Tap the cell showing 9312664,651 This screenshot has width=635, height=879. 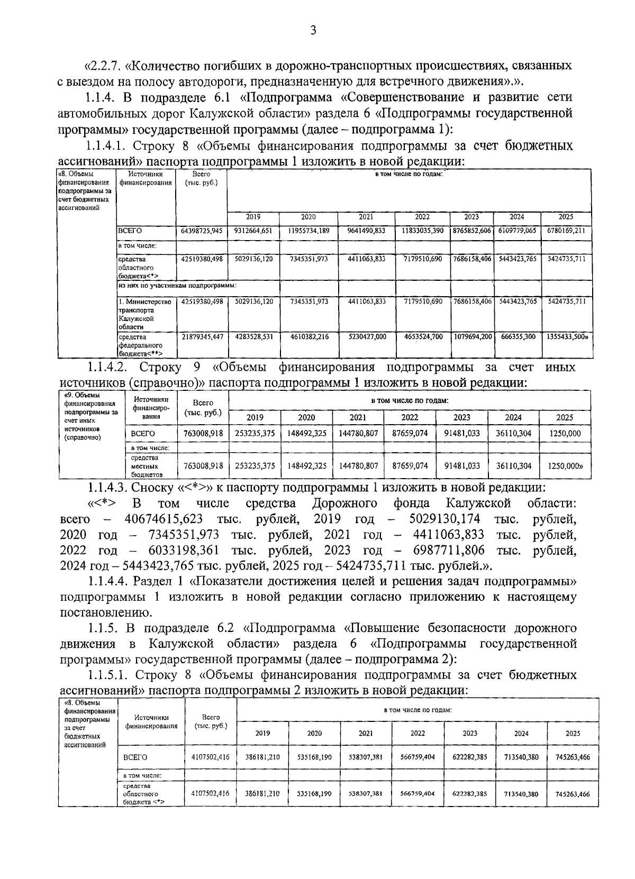(x=253, y=231)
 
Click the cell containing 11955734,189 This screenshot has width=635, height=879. (x=309, y=231)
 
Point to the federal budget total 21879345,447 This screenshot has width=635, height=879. (x=202, y=336)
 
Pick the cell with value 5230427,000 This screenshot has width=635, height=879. (x=366, y=336)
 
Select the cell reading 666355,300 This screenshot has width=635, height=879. (x=516, y=336)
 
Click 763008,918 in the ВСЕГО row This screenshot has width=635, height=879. (x=203, y=434)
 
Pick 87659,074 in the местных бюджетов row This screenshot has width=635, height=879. (x=410, y=466)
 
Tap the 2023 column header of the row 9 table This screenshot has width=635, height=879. (x=461, y=417)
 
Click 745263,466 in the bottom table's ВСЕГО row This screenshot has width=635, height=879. (x=573, y=757)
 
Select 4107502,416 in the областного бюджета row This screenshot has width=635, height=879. (x=210, y=794)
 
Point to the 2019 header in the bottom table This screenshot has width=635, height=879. (x=262, y=733)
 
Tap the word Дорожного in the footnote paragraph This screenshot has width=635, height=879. (x=344, y=503)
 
